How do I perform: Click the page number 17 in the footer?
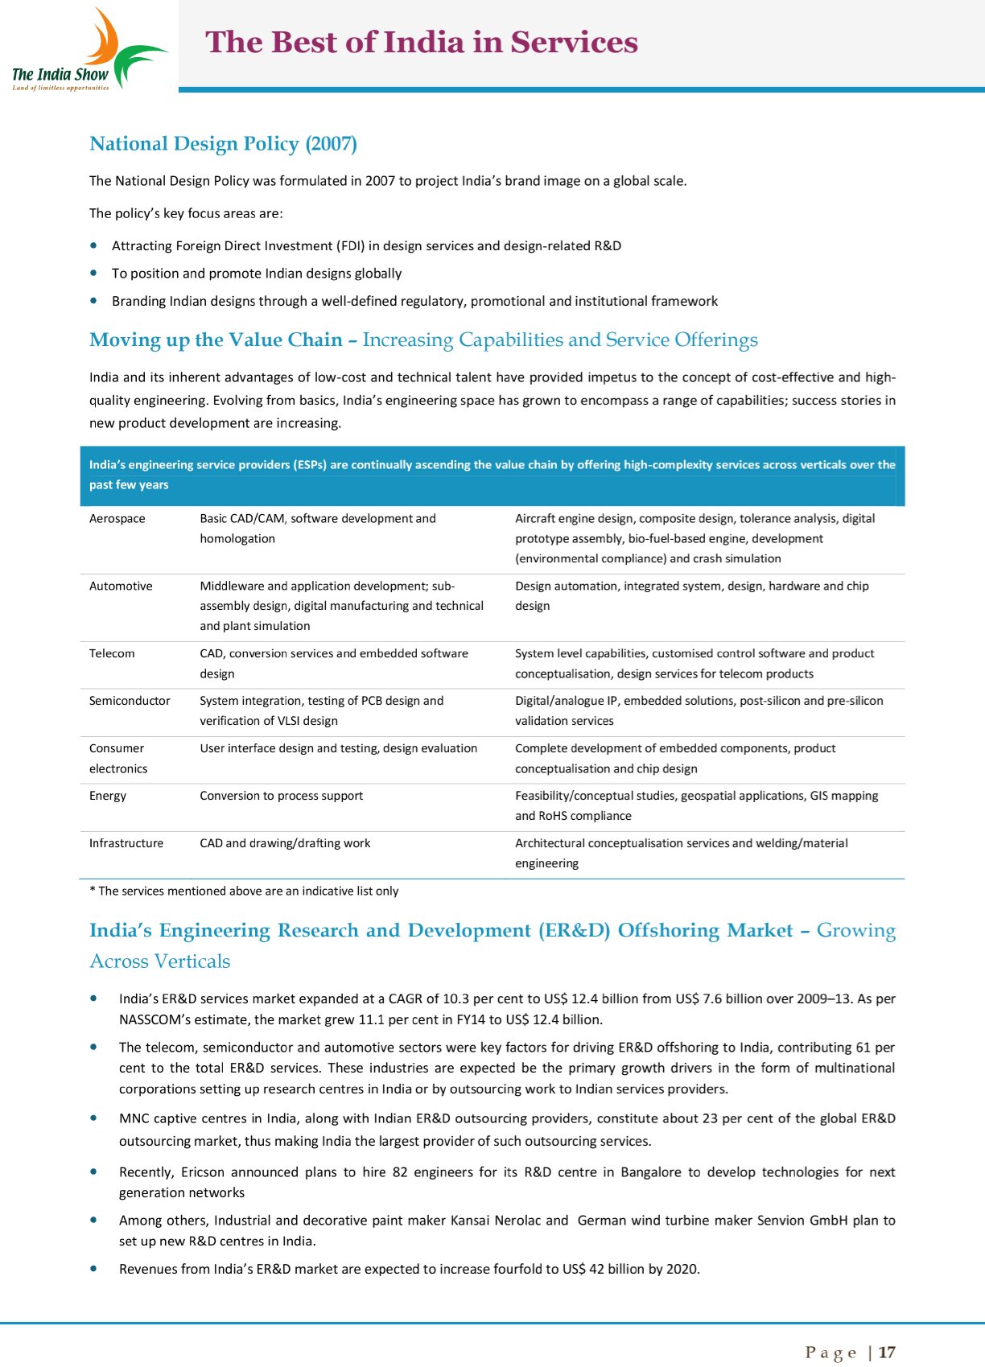[887, 1352]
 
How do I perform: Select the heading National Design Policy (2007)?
[223, 144]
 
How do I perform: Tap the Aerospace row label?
[117, 519]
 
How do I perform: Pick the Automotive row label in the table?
[121, 587]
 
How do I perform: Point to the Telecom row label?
[112, 654]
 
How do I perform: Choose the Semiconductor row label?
[130, 701]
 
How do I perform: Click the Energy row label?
[108, 796]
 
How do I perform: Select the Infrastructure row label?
[126, 843]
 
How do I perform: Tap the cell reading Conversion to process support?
[282, 796]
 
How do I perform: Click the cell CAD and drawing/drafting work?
[285, 843]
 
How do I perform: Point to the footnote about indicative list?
[244, 891]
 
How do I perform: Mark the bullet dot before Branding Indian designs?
[95, 301]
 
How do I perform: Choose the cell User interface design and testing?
[338, 748]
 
